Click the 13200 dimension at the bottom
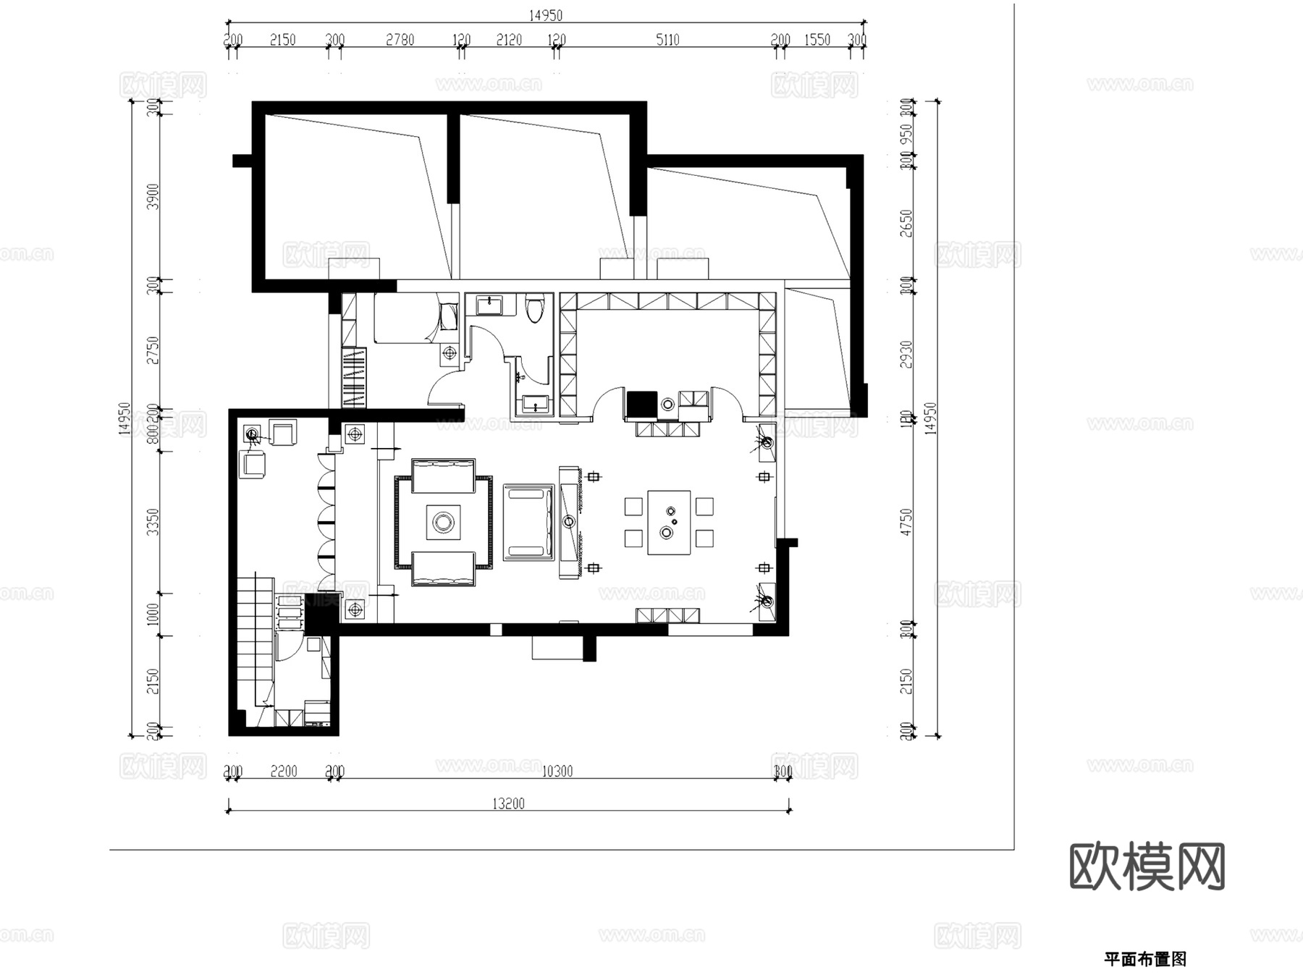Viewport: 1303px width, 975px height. pos(508,803)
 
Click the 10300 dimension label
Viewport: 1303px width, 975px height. pos(557,772)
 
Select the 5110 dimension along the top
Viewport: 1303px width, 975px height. pos(667,40)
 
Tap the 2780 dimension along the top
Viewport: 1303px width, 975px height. pos(400,40)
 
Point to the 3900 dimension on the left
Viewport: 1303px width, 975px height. pos(153,196)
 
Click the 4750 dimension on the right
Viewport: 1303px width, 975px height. pos(906,522)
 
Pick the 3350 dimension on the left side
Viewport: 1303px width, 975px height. pos(153,522)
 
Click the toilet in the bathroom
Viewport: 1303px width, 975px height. pos(535,308)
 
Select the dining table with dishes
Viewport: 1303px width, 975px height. pos(668,522)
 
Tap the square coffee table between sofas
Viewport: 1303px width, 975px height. pos(443,521)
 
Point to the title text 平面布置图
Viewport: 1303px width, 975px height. pos(1144,959)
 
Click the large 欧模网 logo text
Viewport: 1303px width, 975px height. pos(1147,866)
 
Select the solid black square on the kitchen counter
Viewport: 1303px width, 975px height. pos(641,404)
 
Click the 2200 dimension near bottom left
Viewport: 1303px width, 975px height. pos(284,772)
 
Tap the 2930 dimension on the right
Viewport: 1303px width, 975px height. pos(906,354)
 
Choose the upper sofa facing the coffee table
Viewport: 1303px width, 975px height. pos(443,475)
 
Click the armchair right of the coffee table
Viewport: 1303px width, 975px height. pos(528,523)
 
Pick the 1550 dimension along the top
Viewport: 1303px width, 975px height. pos(817,40)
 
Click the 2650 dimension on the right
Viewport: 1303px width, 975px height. pos(906,223)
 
